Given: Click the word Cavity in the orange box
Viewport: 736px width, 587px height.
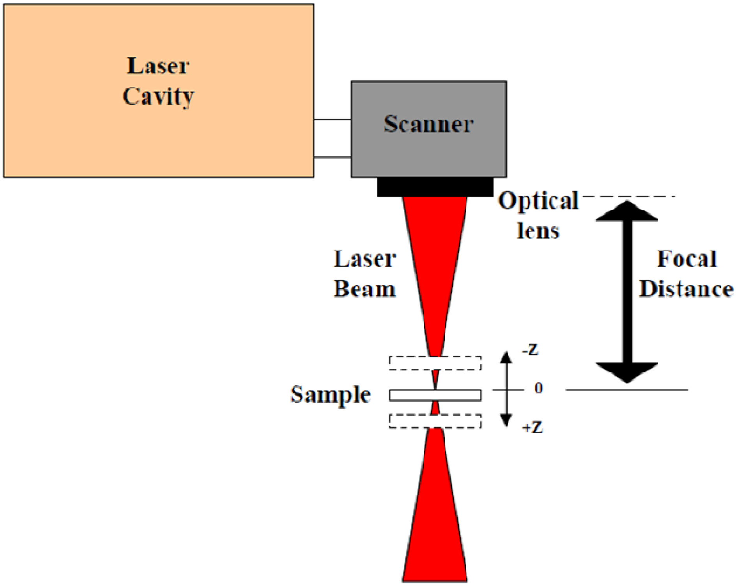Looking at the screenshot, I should coord(158,96).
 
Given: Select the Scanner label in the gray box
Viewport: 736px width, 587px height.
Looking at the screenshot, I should coord(428,124).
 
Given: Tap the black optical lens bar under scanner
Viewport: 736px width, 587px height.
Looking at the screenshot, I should coord(435,187).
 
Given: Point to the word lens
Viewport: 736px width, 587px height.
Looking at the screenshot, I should coord(538,231).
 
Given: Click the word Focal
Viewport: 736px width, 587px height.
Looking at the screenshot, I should coord(687,259).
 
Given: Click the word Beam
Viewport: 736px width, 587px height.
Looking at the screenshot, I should coord(364,289).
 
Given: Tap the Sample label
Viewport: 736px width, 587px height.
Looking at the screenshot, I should coord(330,395).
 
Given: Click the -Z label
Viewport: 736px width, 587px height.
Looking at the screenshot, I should coord(531,350).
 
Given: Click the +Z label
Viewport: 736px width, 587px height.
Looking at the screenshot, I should coord(533,428).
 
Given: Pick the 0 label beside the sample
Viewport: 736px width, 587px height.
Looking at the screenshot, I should coord(538,388).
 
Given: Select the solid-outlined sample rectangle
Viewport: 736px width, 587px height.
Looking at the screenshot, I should coord(413,395).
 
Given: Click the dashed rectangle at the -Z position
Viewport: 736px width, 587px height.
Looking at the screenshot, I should coord(409,363).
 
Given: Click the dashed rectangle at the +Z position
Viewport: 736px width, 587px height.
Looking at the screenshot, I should coord(409,421).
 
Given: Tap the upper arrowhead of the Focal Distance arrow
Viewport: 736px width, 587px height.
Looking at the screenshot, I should coord(626,211).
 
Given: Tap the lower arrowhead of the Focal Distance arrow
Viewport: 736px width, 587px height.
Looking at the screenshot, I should coord(626,372).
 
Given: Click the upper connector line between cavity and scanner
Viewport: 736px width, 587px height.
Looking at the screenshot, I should coord(332,120).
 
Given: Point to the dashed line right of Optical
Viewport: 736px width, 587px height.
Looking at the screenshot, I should coord(628,196).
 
